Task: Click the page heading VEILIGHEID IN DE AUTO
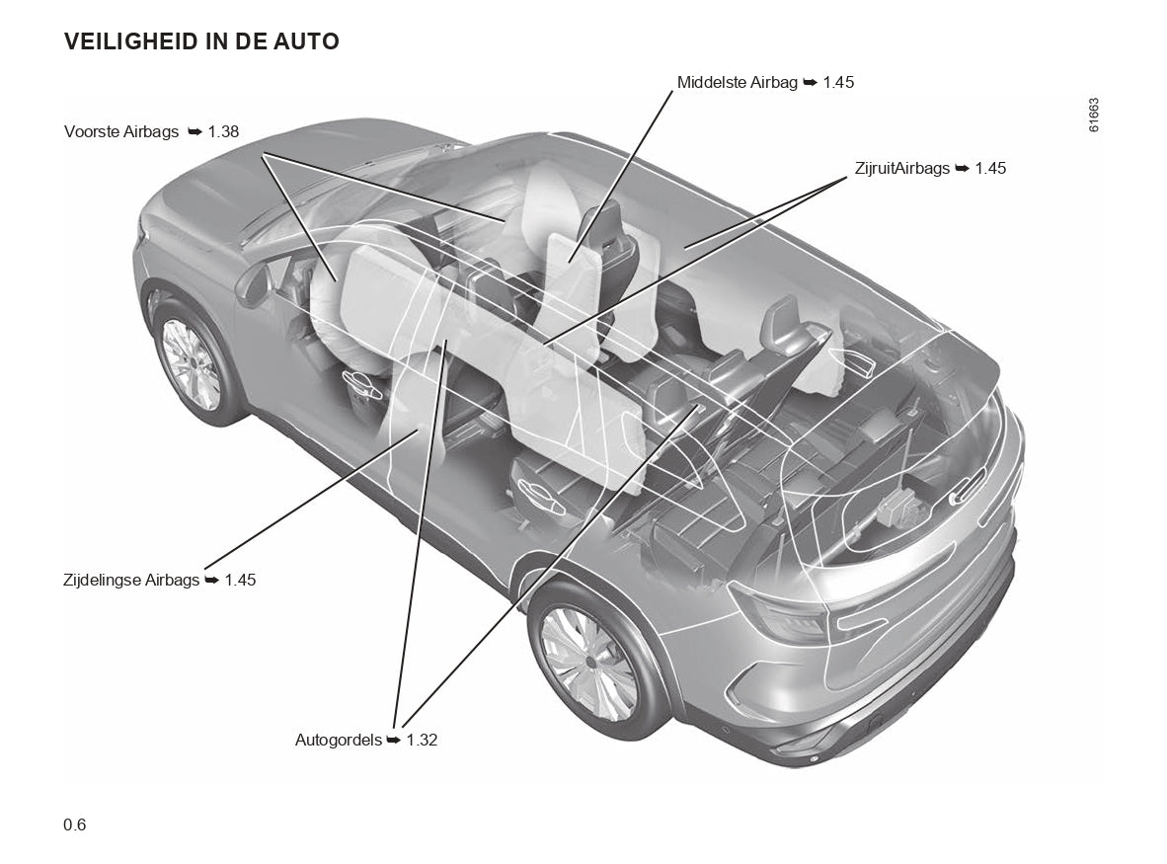(201, 41)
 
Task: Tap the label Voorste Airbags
(121, 131)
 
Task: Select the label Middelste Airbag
(737, 82)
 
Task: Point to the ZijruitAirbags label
(902, 168)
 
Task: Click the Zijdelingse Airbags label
(131, 580)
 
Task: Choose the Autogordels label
(338, 740)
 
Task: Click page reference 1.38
(223, 131)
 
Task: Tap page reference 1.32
(422, 740)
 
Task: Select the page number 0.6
(75, 825)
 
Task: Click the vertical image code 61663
(1094, 115)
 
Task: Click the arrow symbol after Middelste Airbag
(810, 83)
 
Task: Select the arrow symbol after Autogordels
(393, 740)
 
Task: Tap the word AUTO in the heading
(307, 41)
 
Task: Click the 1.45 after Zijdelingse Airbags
(240, 580)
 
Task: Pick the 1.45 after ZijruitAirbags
(990, 168)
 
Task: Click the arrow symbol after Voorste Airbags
(194, 131)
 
